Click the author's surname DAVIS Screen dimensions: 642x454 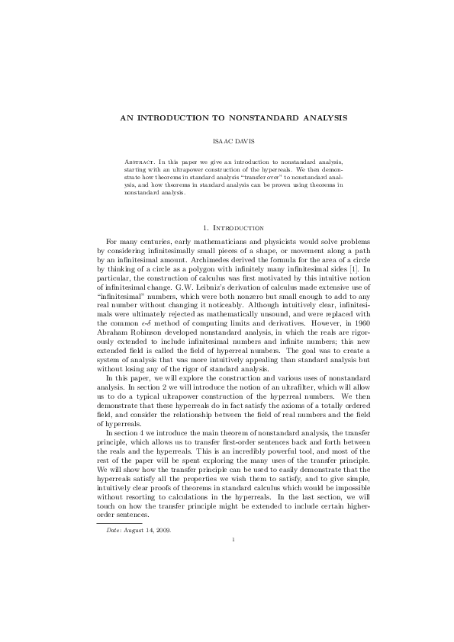click(239, 142)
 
